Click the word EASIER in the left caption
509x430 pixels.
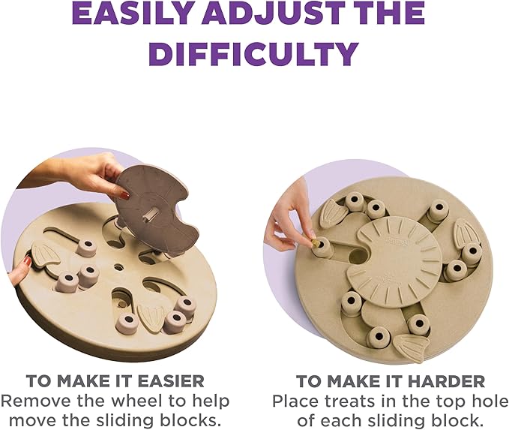coord(164,381)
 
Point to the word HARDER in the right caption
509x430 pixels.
coord(445,381)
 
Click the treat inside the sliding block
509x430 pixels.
coord(318,245)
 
